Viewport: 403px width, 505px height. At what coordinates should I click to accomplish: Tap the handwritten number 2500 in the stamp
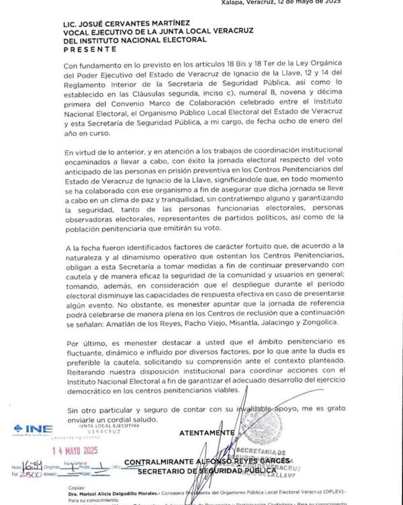click(30, 474)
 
